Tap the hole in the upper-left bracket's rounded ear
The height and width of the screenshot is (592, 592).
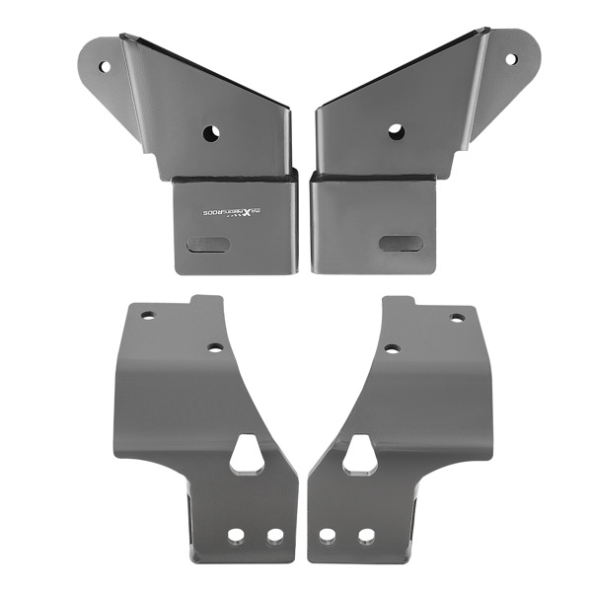(105, 67)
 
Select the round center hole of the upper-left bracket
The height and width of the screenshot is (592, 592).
(211, 133)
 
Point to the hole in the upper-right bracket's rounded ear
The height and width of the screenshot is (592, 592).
(511, 59)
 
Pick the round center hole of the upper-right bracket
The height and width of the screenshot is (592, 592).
(396, 132)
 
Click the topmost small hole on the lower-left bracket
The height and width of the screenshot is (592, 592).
(147, 317)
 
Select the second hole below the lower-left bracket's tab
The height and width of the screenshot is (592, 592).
(215, 347)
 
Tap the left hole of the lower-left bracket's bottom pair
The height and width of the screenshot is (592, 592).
(237, 536)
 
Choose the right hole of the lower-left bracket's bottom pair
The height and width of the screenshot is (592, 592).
(275, 536)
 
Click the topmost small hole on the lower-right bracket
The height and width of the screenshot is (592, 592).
(458, 318)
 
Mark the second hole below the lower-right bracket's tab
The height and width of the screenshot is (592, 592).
(392, 348)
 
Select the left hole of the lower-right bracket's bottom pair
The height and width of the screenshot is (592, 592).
(328, 536)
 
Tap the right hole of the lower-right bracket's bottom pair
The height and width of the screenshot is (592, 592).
(366, 536)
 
